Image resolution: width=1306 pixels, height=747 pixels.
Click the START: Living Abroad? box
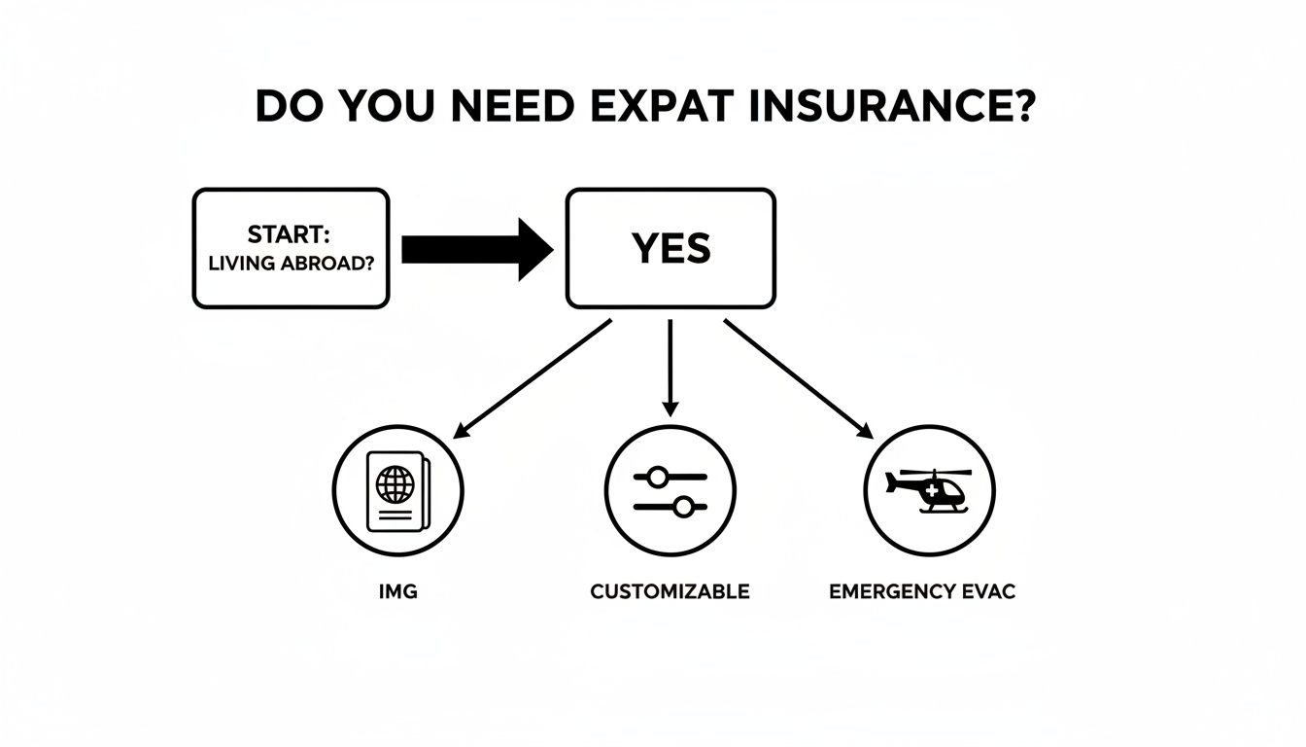291,248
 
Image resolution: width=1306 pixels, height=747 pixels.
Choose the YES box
670,248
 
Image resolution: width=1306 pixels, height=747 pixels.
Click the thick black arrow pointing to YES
476,249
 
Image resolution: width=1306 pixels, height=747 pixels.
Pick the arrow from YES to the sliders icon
670,368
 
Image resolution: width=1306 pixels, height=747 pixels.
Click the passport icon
397,491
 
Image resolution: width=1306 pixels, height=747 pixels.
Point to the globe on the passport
394,484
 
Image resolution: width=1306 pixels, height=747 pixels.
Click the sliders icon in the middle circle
670,491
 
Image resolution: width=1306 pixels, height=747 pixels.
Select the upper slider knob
658,477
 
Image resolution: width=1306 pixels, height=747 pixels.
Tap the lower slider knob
683,506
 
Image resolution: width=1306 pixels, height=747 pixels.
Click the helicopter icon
930,491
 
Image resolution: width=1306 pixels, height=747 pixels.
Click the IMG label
397,591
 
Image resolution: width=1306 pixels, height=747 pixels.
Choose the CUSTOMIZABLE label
670,591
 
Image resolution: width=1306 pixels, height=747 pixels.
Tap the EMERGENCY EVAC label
922,591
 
